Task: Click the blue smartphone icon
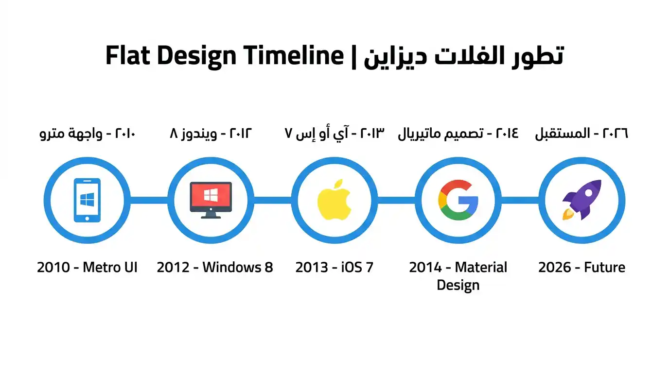point(87,200)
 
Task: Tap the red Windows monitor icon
point(211,200)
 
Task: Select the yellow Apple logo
point(334,200)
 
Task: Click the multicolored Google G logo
point(458,200)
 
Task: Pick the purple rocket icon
point(582,200)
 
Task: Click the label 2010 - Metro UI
point(87,267)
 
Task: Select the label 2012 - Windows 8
point(214,267)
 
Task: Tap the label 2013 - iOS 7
point(334,267)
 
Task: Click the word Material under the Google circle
point(481,267)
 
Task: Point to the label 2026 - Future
point(581,267)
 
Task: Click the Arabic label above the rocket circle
point(581,133)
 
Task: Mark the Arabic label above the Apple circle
point(334,133)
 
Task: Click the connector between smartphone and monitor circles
point(149,200)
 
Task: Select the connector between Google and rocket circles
point(520,200)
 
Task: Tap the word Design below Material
point(458,285)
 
